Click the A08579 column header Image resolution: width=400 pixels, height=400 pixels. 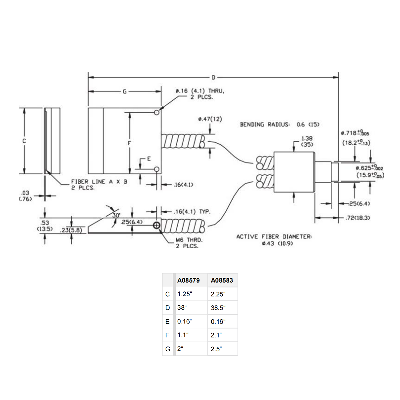point(189,280)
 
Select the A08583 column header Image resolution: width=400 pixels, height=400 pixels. point(222,280)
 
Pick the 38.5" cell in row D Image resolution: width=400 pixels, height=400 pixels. point(218,308)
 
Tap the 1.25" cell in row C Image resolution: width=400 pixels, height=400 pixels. point(185,294)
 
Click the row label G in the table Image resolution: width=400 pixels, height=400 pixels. point(168,349)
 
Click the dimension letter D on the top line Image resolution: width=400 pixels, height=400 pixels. point(213,78)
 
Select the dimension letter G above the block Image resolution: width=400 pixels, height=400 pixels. point(125,91)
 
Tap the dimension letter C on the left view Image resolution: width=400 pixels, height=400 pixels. point(24,141)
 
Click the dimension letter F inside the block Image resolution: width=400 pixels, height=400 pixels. point(130,143)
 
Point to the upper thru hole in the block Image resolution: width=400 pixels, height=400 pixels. point(156,113)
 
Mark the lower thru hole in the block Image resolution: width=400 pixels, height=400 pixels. point(156,170)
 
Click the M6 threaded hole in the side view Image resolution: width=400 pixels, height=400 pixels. point(156,226)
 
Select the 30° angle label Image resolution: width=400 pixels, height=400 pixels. point(116,215)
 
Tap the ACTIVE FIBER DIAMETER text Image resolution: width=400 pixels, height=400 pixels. point(274,237)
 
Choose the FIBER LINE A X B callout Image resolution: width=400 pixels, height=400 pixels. point(99,182)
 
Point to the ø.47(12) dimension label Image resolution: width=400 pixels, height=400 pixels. point(210,119)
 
